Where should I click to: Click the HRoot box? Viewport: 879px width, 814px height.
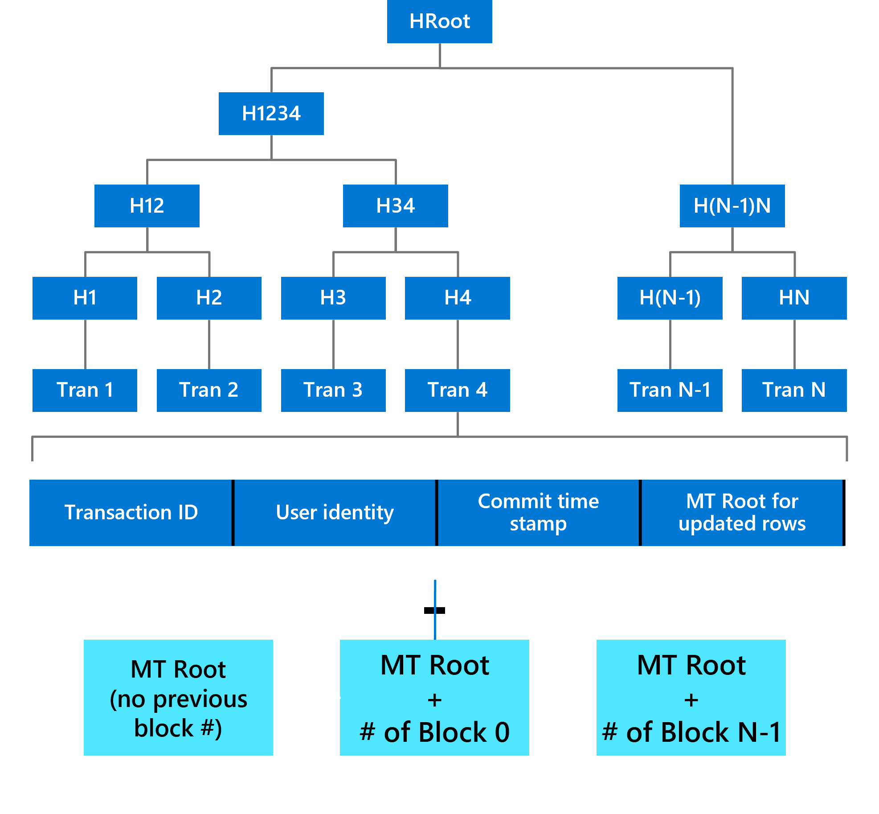[439, 21]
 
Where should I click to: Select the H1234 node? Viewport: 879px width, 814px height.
[271, 114]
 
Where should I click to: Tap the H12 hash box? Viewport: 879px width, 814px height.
[147, 206]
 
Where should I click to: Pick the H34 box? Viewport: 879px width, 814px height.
[395, 206]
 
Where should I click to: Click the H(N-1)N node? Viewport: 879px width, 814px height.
[732, 206]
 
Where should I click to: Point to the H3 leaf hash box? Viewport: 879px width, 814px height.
[333, 298]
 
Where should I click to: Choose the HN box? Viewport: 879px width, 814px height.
[794, 298]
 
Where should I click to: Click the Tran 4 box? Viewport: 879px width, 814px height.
[457, 390]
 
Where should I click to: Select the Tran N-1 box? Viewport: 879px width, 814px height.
[670, 390]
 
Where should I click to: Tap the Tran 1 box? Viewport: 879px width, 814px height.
[85, 390]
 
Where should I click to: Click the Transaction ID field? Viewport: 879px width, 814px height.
[131, 513]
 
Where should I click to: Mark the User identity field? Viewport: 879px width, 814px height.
[335, 513]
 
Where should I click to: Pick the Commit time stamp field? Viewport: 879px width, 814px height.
[538, 513]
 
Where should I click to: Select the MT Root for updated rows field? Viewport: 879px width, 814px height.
[742, 513]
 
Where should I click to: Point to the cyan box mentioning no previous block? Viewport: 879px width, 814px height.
[178, 698]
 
